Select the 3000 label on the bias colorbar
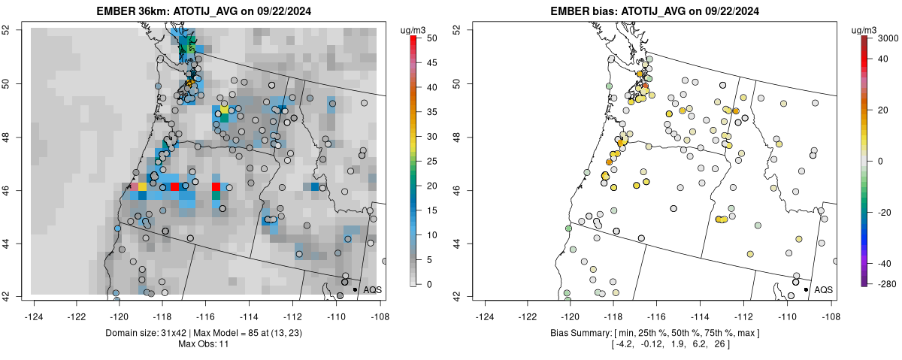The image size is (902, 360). [x=888, y=37]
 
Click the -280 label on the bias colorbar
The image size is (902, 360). [x=888, y=283]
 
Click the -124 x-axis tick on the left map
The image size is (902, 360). [x=35, y=307]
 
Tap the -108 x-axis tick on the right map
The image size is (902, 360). [x=830, y=307]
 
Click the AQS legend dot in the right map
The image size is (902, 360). [x=806, y=289]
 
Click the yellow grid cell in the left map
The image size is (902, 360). [x=143, y=186]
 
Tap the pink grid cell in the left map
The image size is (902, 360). [x=135, y=186]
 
